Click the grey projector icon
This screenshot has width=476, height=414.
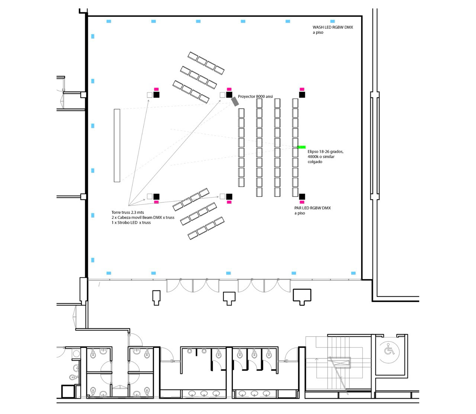(x=235, y=101)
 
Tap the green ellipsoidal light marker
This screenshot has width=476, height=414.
(x=302, y=147)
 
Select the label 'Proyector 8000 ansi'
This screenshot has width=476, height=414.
(x=255, y=96)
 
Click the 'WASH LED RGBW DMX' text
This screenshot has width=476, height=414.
(x=333, y=28)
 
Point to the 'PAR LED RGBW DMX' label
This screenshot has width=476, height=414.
(x=312, y=208)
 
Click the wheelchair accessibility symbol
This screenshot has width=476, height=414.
(x=389, y=350)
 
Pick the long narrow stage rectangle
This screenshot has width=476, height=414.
(x=117, y=145)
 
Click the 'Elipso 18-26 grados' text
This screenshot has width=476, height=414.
(x=325, y=152)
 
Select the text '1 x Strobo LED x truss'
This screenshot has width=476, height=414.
(x=131, y=222)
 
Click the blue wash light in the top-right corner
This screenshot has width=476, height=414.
(x=332, y=22)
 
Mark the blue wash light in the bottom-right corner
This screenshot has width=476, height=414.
(x=353, y=273)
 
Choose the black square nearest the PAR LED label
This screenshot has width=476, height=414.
(x=302, y=196)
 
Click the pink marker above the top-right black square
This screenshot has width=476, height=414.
(x=302, y=89)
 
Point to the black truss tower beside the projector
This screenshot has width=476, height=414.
(x=229, y=95)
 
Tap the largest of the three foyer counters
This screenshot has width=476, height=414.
(x=302, y=296)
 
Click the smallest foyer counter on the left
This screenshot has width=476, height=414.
(x=156, y=297)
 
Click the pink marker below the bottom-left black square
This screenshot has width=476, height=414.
(x=156, y=202)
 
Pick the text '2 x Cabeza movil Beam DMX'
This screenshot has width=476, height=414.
(x=143, y=217)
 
